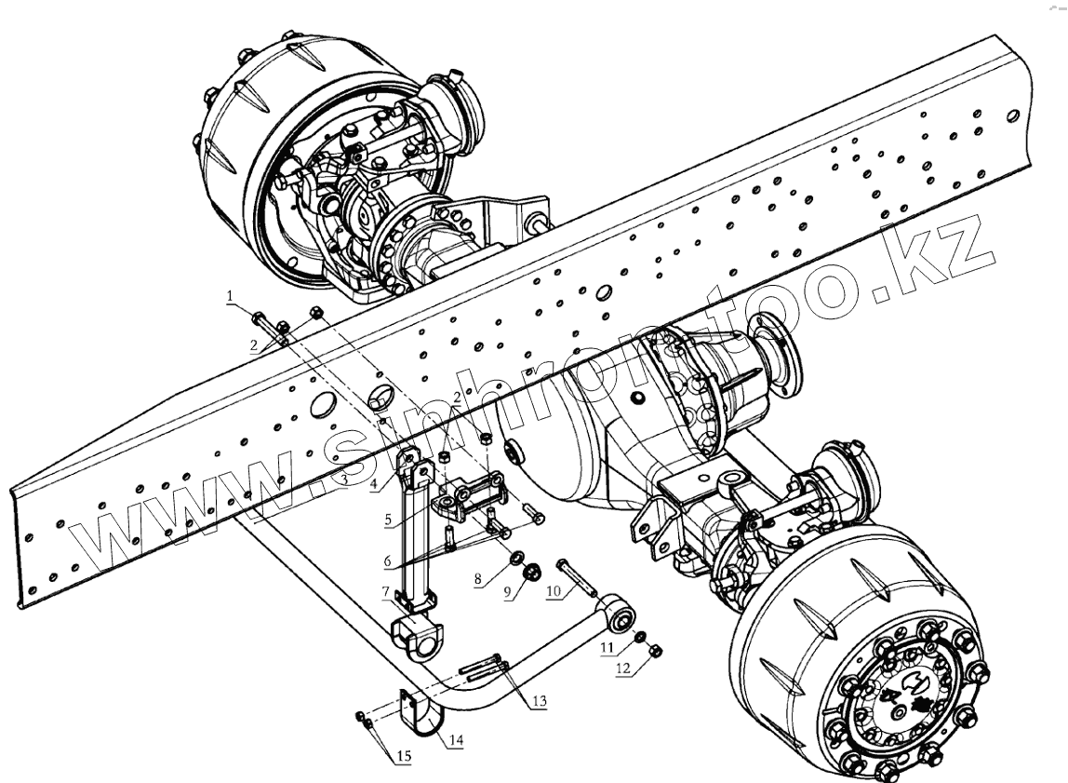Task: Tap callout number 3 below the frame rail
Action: [343, 479]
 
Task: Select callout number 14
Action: [455, 740]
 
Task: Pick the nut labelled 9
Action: [534, 572]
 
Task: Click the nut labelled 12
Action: [653, 651]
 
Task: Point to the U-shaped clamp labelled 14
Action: [419, 712]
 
